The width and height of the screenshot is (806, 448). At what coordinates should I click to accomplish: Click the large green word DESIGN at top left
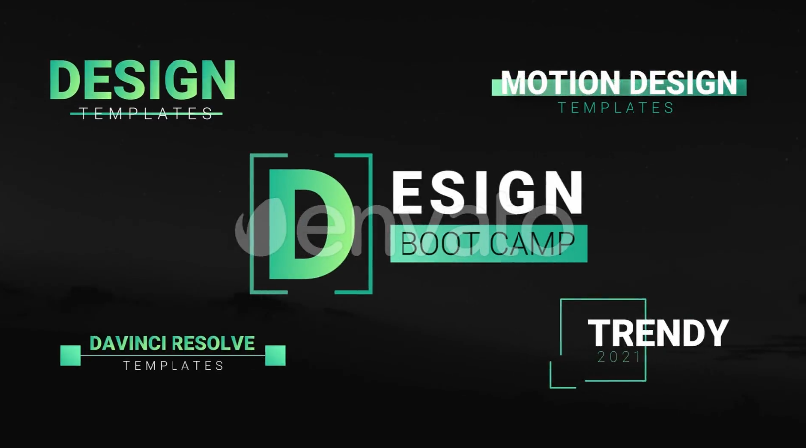point(143,79)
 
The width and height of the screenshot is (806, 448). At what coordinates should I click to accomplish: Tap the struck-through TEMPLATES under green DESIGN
point(147,114)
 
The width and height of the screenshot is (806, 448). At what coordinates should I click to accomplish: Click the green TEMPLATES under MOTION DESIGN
point(616,108)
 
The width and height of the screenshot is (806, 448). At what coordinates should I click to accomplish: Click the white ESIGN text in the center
point(488,192)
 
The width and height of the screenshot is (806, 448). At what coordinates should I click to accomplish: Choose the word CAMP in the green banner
point(532,244)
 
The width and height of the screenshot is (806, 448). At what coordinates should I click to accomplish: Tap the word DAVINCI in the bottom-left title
point(128,343)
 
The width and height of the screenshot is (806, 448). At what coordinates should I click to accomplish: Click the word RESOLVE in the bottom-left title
point(213,343)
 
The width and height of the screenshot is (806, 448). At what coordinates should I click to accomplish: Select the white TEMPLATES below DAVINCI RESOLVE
point(173,366)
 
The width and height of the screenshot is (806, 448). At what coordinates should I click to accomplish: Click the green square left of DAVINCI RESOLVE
point(71,356)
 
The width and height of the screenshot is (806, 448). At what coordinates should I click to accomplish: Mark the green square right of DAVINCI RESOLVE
point(275,356)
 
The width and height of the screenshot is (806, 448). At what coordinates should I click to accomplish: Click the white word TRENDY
point(658,333)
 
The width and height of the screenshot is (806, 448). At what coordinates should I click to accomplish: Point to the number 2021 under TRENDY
point(620,357)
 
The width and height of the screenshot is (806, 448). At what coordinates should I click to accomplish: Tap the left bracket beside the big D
point(252,223)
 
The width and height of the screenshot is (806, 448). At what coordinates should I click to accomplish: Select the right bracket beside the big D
point(370,223)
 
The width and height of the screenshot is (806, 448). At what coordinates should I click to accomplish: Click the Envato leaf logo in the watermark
point(260,227)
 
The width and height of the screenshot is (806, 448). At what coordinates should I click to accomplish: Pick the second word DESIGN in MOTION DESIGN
point(683,82)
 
